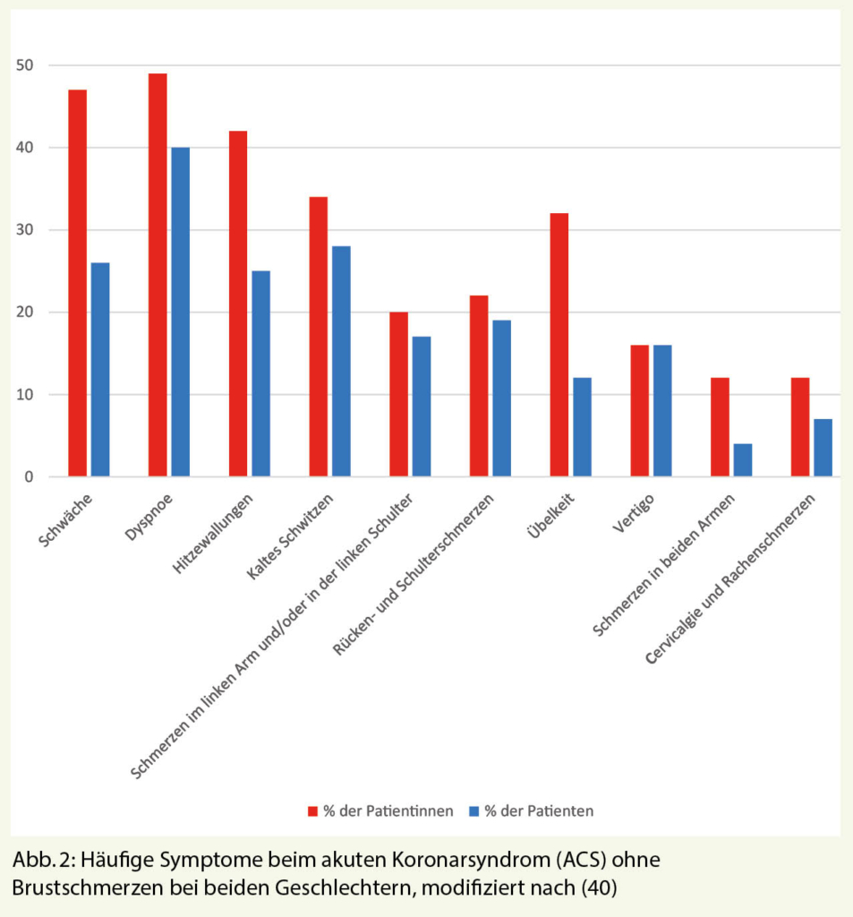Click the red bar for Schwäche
[x=77, y=283]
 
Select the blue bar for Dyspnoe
[x=180, y=312]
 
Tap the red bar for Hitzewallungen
[x=238, y=304]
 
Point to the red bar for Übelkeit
[x=559, y=345]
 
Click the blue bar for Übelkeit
[x=582, y=427]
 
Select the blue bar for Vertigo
[x=662, y=411]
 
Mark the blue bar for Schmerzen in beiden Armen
[x=743, y=460]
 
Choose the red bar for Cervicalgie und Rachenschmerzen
[x=800, y=427]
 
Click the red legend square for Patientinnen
[x=313, y=811]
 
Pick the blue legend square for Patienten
[x=473, y=811]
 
